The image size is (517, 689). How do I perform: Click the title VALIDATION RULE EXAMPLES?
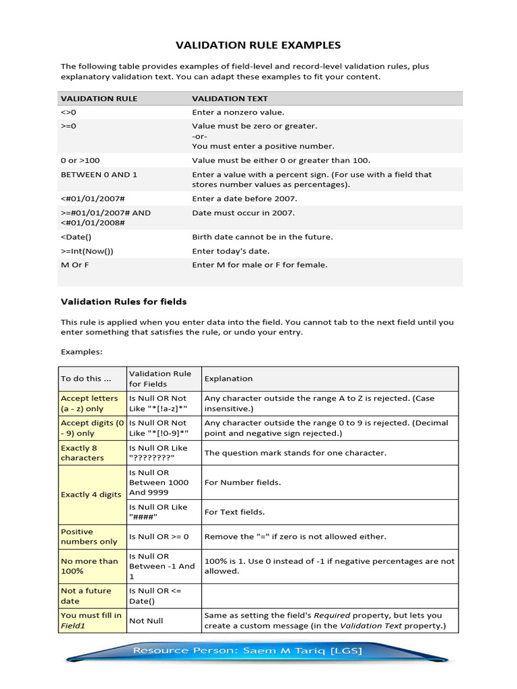(258, 46)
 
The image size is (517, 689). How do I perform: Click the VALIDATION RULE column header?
(99, 98)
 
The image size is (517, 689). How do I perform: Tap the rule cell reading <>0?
(69, 112)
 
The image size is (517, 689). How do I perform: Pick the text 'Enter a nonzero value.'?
(238, 112)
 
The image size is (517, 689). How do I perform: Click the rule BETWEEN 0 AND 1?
(99, 174)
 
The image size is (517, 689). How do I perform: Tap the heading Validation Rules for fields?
(124, 301)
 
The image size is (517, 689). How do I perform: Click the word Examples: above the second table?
(82, 351)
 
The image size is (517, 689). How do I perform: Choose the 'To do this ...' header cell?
(85, 379)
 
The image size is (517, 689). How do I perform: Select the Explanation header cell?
(229, 379)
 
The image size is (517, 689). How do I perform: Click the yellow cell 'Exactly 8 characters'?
(92, 453)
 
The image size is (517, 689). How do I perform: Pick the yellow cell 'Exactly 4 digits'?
(92, 495)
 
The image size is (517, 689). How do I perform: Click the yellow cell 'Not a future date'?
(92, 596)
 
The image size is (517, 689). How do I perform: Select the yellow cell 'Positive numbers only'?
(92, 537)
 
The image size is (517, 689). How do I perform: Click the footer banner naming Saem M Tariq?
(258, 651)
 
